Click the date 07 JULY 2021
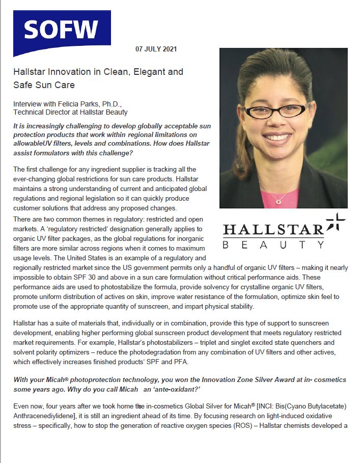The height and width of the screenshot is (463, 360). (156, 49)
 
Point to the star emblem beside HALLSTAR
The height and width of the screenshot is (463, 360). (335, 224)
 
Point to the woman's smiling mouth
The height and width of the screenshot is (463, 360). (278, 138)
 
